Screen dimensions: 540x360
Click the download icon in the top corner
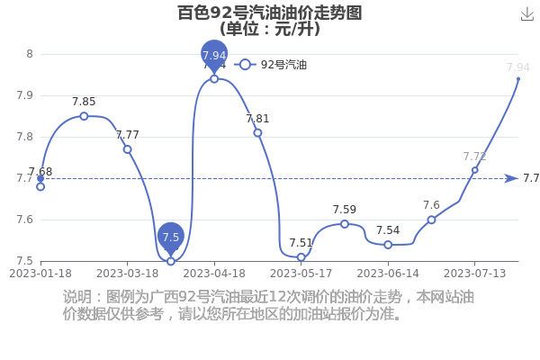pos(526,14)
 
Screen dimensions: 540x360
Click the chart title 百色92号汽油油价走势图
pos(270,13)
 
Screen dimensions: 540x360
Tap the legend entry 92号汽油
pos(270,65)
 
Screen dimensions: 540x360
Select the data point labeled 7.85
pos(84,116)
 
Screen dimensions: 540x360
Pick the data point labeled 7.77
pos(128,149)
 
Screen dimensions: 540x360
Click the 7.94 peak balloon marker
pos(214,55)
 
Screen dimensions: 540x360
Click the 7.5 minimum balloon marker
pos(171,237)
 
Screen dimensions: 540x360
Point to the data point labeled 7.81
pos(257,133)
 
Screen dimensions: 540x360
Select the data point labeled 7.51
pos(301,257)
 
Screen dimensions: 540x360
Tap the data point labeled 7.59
pos(345,224)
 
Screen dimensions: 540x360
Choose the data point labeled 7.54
pos(388,245)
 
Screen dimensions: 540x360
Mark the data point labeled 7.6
pos(431,220)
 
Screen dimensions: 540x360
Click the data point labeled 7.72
pos(475,170)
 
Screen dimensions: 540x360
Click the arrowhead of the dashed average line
pos(511,178)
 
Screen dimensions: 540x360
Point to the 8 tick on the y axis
pos(30,54)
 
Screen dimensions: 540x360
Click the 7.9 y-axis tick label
pos(25,95)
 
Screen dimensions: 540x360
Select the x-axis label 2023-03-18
pos(128,274)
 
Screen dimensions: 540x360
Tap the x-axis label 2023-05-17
pos(301,274)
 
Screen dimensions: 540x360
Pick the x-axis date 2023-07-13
pos(474,274)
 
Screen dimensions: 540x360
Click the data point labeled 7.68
pos(40,186)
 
